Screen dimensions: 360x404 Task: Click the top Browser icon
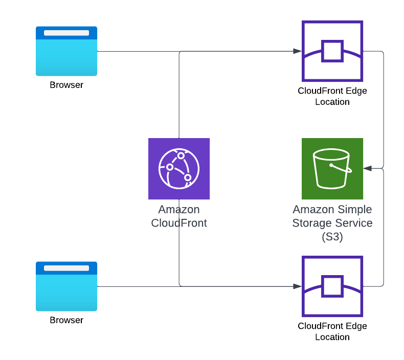pyautogui.click(x=66, y=51)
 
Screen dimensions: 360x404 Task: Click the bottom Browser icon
pyautogui.click(x=66, y=286)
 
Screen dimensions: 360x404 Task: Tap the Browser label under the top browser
pyautogui.click(x=66, y=85)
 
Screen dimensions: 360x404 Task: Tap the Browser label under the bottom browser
pyautogui.click(x=66, y=320)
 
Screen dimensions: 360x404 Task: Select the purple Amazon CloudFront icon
pyautogui.click(x=179, y=169)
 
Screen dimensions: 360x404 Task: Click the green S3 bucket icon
pyautogui.click(x=332, y=169)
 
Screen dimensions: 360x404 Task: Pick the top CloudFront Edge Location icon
pyautogui.click(x=332, y=51)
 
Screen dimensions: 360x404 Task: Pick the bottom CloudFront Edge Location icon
pyautogui.click(x=332, y=286)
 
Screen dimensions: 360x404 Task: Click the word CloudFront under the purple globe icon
pyautogui.click(x=179, y=223)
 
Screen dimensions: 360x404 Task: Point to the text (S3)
pyautogui.click(x=332, y=237)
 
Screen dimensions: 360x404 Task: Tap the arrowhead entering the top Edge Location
pyautogui.click(x=297, y=51)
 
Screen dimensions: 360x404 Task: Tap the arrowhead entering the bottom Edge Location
pyautogui.click(x=297, y=286)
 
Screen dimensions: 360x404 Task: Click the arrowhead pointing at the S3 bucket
pyautogui.click(x=367, y=168)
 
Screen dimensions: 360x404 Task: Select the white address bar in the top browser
pyautogui.click(x=66, y=33)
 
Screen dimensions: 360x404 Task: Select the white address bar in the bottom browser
pyautogui.click(x=66, y=268)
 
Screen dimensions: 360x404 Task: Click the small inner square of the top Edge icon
pyautogui.click(x=332, y=51)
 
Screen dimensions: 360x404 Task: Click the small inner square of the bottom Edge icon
pyautogui.click(x=332, y=286)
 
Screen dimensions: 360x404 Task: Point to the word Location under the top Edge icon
pyautogui.click(x=332, y=102)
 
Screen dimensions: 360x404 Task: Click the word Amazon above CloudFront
pyautogui.click(x=179, y=210)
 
